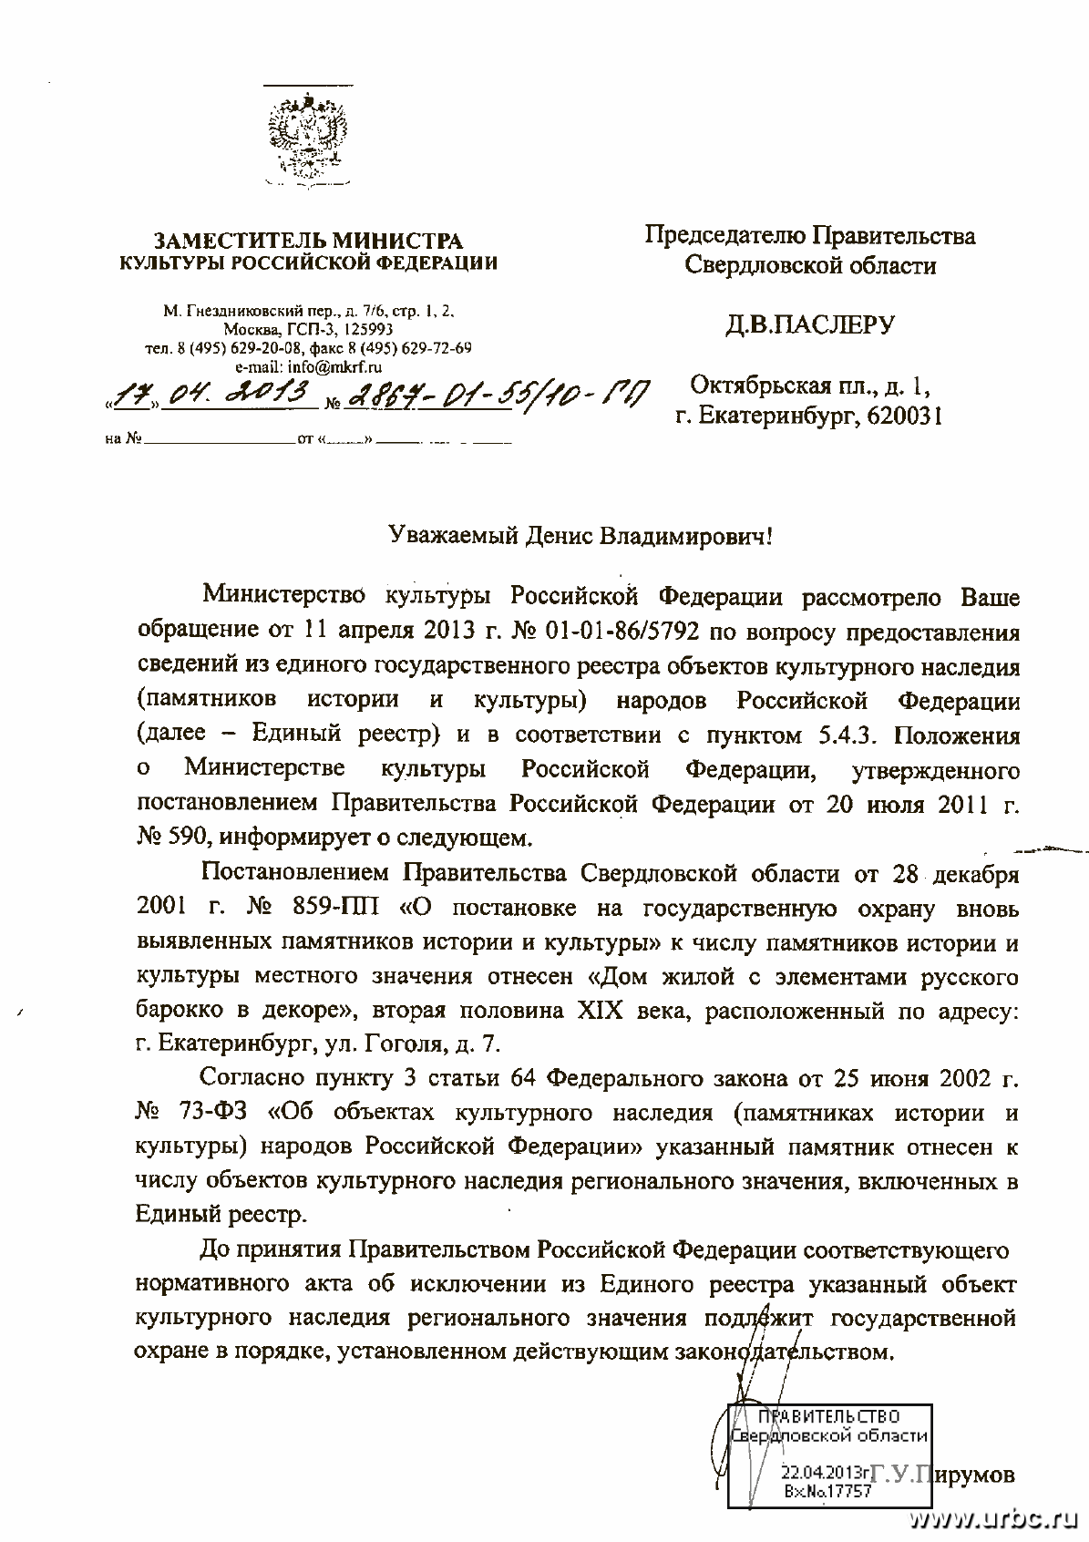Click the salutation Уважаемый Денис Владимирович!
[578, 536]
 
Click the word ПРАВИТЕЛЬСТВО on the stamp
[829, 1416]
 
